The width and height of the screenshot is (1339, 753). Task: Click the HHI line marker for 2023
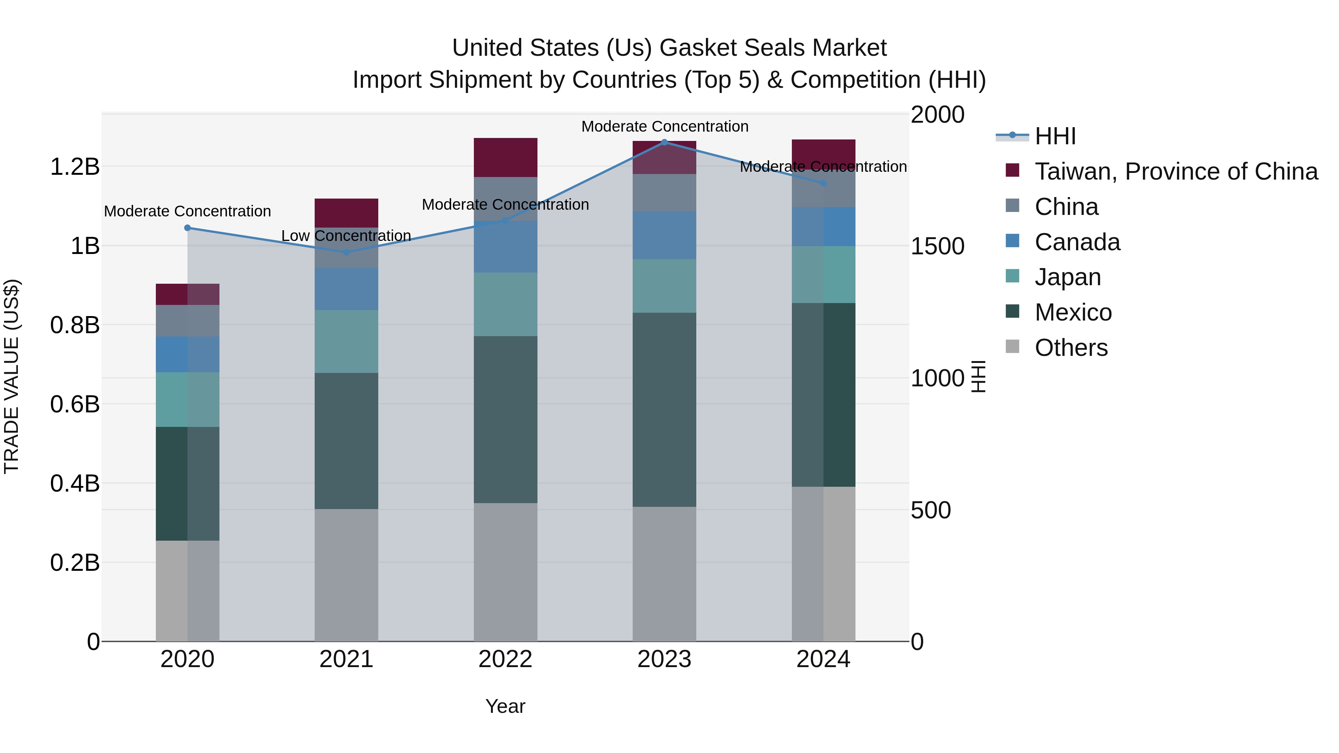coord(664,142)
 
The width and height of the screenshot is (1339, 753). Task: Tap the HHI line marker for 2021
coord(346,252)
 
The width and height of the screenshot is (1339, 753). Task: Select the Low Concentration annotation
coord(346,235)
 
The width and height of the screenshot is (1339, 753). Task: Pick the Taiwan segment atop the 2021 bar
coord(346,213)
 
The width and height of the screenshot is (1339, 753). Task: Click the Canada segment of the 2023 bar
coord(664,235)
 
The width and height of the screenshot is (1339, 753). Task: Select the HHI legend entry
coord(1055,136)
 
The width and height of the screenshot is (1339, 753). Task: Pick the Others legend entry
coord(1071,348)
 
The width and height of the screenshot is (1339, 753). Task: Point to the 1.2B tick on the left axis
coord(75,167)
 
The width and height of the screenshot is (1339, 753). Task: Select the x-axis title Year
coord(505,706)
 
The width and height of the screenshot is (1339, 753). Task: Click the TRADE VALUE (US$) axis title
coord(12,376)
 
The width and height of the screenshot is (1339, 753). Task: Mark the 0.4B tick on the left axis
coord(75,483)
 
